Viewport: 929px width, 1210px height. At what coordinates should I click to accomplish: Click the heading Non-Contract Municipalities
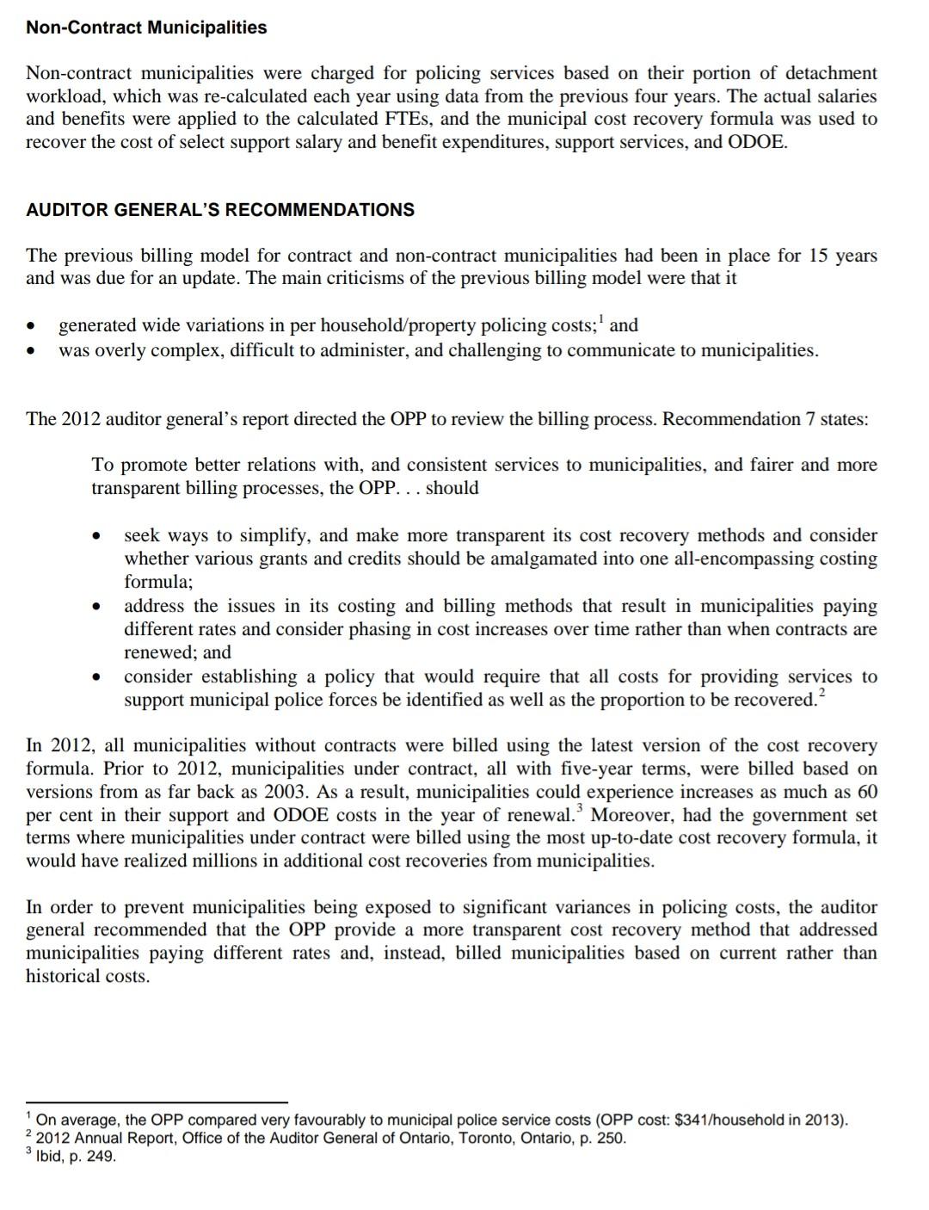pyautogui.click(x=146, y=28)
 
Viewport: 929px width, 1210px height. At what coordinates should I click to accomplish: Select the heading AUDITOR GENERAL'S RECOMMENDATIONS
pyautogui.click(x=220, y=210)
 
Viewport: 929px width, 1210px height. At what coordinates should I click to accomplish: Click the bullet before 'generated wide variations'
pyautogui.click(x=31, y=327)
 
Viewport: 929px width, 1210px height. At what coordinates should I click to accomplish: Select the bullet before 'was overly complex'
pyautogui.click(x=31, y=351)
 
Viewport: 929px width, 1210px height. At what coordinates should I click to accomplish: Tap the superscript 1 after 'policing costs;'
pyautogui.click(x=602, y=320)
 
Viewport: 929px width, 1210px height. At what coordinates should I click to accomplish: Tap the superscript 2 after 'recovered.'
pyautogui.click(x=821, y=694)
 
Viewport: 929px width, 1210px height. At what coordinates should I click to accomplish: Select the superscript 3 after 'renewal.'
pyautogui.click(x=580, y=809)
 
